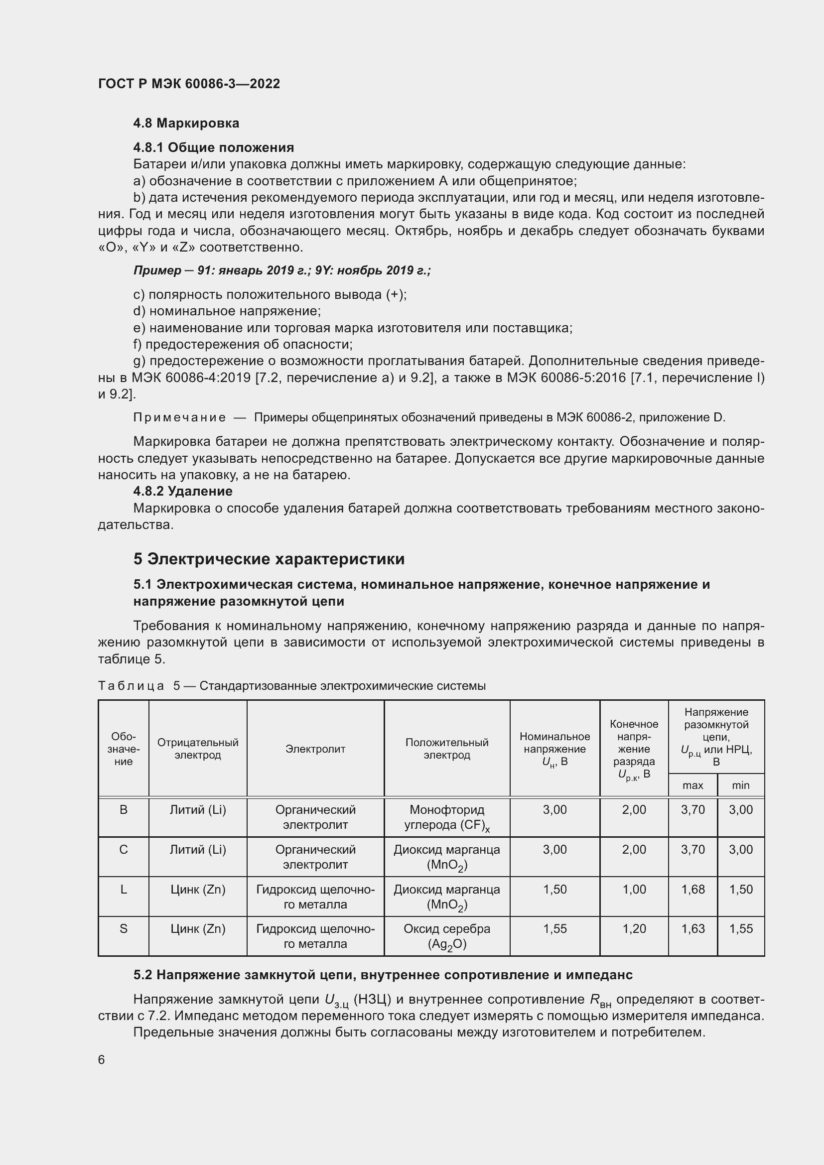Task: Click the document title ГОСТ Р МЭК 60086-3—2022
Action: tap(189, 84)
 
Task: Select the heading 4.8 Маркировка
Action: tap(186, 123)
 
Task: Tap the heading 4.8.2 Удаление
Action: tap(183, 491)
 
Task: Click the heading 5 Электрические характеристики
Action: tap(269, 559)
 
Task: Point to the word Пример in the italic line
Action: tap(157, 270)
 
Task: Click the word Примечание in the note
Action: tap(180, 417)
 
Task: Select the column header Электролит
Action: tap(315, 749)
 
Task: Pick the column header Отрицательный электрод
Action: tap(197, 749)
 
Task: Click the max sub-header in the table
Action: tap(692, 785)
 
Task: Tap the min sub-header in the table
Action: tap(740, 785)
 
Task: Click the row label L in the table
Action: tap(123, 890)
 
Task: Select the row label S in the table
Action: tap(123, 929)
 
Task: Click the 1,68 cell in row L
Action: tap(692, 890)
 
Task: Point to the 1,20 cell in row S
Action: tap(634, 929)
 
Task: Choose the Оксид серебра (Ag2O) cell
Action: tap(446, 936)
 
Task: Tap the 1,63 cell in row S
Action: tap(692, 929)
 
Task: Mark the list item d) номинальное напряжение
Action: tap(227, 311)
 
